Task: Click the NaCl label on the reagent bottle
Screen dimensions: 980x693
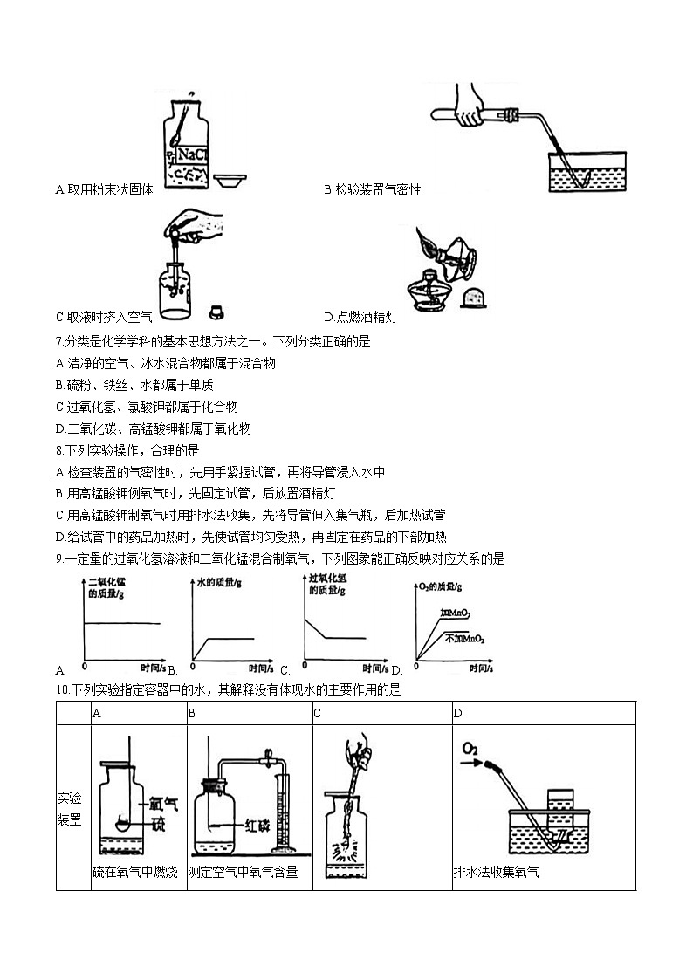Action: pyautogui.click(x=192, y=154)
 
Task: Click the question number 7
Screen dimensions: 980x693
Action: pyautogui.click(x=58, y=342)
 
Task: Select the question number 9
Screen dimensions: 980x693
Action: pyautogui.click(x=58, y=559)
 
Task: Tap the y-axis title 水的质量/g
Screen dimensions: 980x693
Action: pyautogui.click(x=216, y=581)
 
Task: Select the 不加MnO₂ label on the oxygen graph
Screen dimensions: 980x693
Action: pyautogui.click(x=464, y=640)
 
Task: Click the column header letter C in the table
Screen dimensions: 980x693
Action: pyautogui.click(x=318, y=713)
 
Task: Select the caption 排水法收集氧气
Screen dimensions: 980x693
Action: pyautogui.click(x=496, y=872)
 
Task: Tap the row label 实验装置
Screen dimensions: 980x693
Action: pyautogui.click(x=69, y=809)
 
